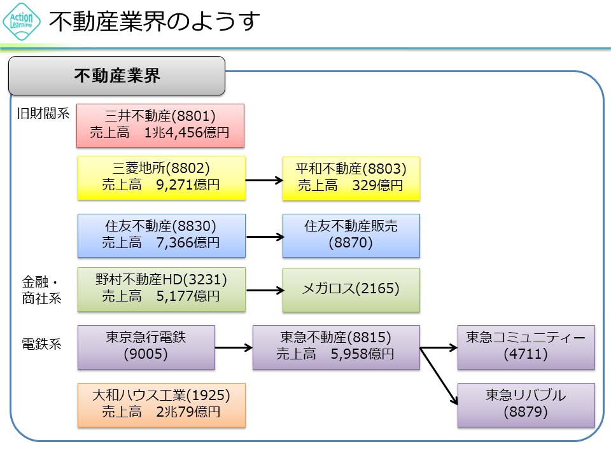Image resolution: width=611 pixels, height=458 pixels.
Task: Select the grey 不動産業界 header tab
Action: [x=117, y=76]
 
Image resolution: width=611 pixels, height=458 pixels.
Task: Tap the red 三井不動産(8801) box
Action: [x=160, y=125]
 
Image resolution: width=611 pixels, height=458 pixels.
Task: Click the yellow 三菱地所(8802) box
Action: [x=161, y=177]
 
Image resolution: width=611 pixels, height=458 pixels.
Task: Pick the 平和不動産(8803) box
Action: [x=351, y=177]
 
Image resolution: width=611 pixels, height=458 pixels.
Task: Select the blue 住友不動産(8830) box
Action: [x=161, y=235]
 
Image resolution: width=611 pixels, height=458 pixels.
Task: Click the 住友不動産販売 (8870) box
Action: [x=351, y=235]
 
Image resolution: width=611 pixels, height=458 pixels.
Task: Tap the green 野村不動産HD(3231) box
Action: [x=161, y=289]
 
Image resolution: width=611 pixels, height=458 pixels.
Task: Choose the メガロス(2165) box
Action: [x=351, y=289]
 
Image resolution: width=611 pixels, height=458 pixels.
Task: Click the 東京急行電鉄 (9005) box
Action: [x=146, y=347]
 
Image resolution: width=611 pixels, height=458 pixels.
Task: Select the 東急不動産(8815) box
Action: [x=336, y=347]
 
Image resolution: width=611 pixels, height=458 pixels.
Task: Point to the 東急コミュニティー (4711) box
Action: [x=526, y=347]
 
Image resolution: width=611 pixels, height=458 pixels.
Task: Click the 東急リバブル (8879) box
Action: [x=526, y=405]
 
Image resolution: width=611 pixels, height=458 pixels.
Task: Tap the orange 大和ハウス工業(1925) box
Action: [x=161, y=404]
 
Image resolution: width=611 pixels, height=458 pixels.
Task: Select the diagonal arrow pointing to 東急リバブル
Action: [x=439, y=375]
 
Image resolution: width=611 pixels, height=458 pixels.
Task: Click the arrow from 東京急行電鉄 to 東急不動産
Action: [x=234, y=348]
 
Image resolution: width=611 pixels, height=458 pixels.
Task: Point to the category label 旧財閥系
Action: [x=43, y=114]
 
